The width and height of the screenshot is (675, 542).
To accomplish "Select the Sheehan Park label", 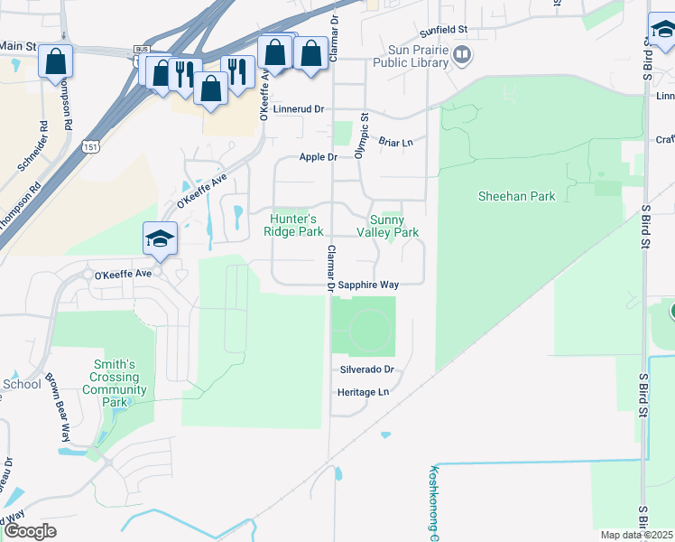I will pyautogui.click(x=516, y=195).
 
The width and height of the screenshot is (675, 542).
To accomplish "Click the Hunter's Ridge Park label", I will pyautogui.click(x=293, y=225).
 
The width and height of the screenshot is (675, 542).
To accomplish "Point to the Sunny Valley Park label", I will pyautogui.click(x=394, y=226).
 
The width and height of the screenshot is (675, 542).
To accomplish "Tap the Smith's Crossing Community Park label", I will pyautogui.click(x=115, y=383).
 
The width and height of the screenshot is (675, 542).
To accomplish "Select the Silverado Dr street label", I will pyautogui.click(x=367, y=369).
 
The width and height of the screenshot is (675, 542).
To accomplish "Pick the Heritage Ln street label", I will pyautogui.click(x=363, y=392).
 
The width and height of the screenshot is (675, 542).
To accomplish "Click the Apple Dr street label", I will pyautogui.click(x=319, y=157).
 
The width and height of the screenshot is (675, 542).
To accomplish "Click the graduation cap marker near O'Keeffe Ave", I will pyautogui.click(x=160, y=238).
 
